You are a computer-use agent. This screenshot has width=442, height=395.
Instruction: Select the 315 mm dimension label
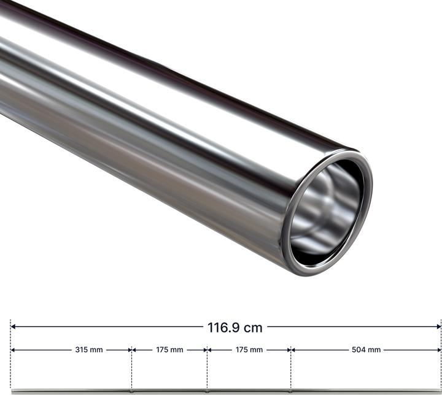tap(89, 350)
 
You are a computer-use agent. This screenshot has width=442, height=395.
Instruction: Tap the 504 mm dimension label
tap(366, 350)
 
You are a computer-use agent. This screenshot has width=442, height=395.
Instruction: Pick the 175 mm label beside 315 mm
tap(169, 350)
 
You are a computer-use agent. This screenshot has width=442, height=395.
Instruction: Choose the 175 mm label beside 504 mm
tap(249, 350)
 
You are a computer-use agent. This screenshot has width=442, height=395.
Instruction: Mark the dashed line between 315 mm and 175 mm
tap(131, 368)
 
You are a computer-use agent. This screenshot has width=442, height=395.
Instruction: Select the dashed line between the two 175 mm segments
tap(207, 368)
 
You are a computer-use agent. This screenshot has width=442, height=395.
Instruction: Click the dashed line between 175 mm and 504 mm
tap(290, 368)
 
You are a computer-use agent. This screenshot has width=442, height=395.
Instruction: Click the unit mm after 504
tap(374, 350)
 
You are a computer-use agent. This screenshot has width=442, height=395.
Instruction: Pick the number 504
tap(359, 350)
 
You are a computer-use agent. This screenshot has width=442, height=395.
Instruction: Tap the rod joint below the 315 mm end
tap(131, 390)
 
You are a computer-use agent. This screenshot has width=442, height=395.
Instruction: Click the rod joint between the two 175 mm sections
tap(207, 390)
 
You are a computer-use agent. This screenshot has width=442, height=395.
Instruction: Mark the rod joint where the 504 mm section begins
tap(290, 390)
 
